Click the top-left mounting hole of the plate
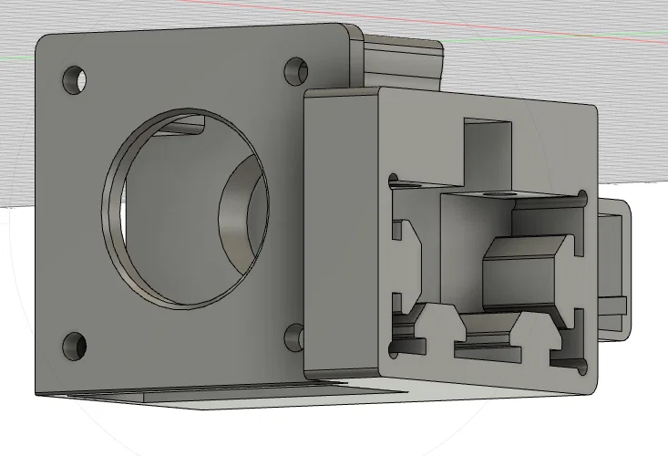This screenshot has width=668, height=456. (x=73, y=79)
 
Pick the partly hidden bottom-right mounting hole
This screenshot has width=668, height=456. (x=294, y=337)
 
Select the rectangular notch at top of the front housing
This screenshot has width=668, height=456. (x=488, y=146)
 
